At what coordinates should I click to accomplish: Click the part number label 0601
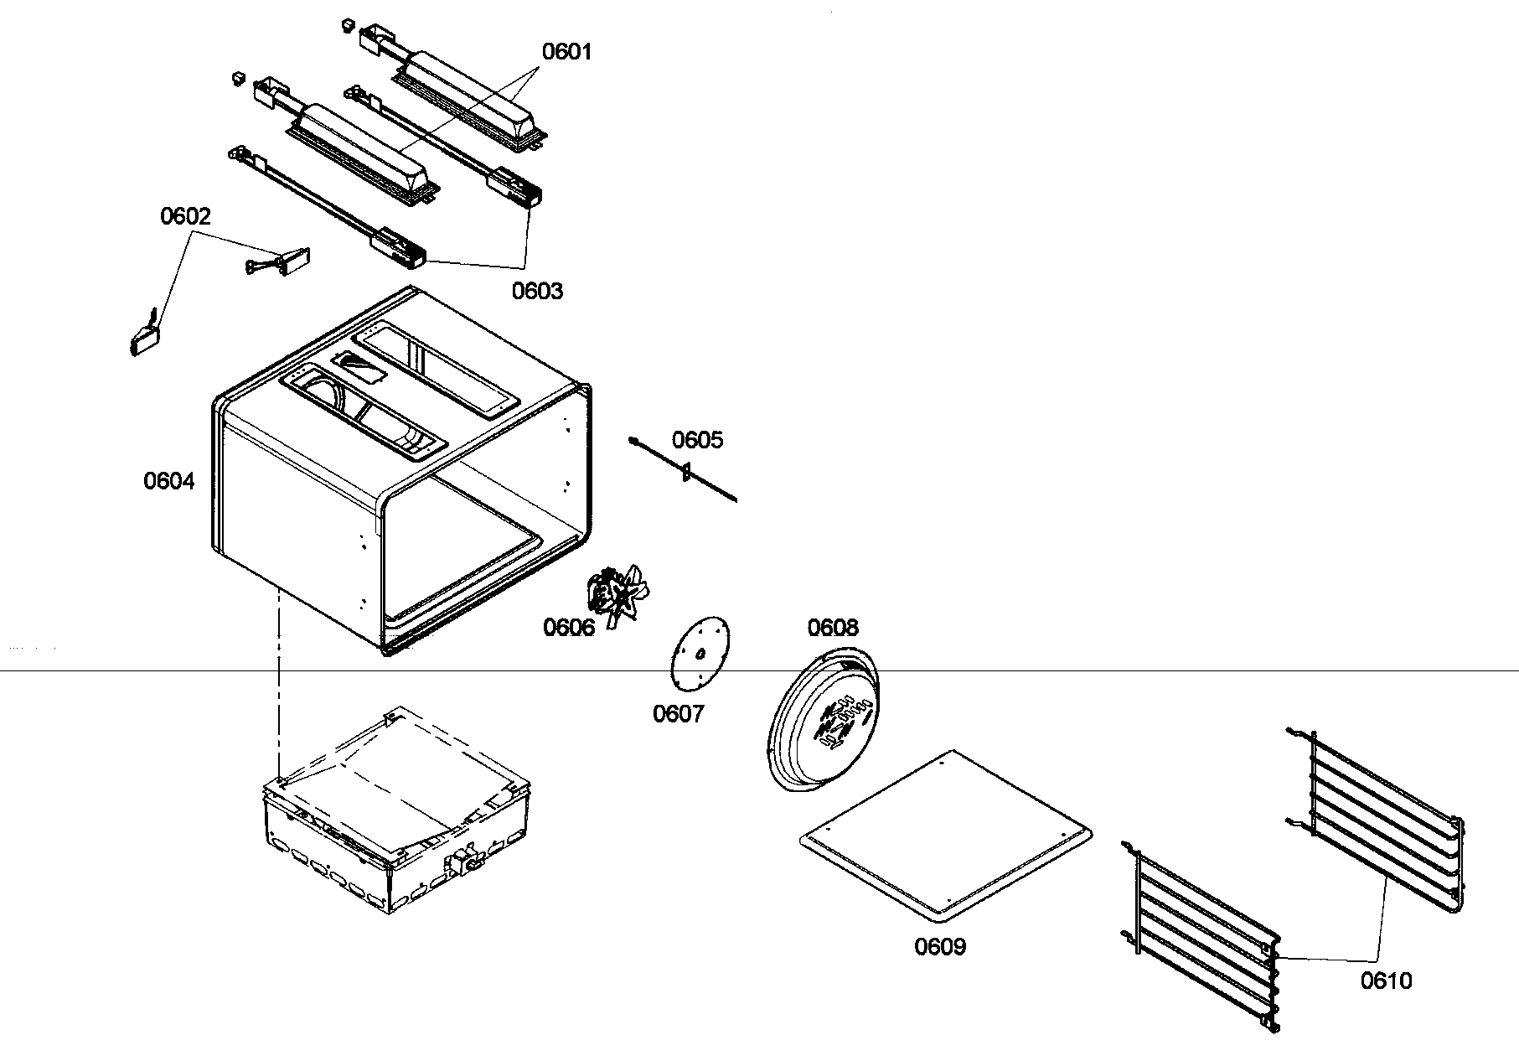coord(566,51)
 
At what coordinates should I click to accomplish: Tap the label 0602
coord(185,216)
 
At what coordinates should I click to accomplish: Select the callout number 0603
coord(537,291)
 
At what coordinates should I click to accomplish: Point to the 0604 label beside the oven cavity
coord(168,481)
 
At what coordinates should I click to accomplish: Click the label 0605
coord(697,440)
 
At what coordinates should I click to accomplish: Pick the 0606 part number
coord(568,626)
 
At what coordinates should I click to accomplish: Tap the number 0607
coord(678,714)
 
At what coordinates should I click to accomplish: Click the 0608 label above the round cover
coord(833,627)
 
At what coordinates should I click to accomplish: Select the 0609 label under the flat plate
coord(939,947)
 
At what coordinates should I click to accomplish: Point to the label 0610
coord(1386,981)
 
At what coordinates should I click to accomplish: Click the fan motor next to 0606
coord(618,593)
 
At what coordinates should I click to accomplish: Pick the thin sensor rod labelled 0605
coord(683,471)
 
